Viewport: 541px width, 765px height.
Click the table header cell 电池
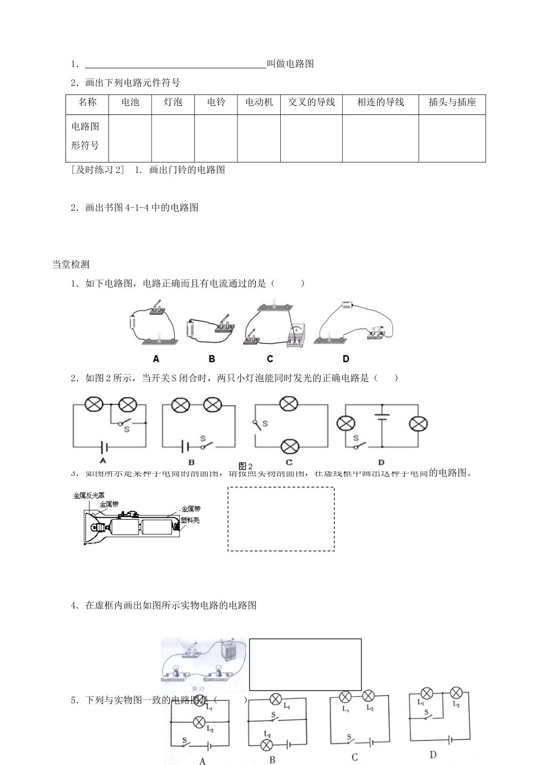click(130, 102)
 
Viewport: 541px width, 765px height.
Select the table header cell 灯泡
click(173, 102)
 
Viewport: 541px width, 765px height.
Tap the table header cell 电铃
click(216, 102)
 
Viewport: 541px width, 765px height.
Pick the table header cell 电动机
click(259, 102)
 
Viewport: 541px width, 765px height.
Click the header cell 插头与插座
click(452, 102)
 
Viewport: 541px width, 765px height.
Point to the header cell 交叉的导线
click(311, 102)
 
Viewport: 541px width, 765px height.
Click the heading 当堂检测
click(71, 264)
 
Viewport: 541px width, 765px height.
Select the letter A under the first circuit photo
click(156, 359)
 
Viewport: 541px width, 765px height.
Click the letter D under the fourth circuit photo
click(346, 359)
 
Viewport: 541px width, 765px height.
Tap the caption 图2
click(245, 466)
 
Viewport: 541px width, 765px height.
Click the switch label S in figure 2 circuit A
click(126, 429)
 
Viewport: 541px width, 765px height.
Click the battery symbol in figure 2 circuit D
click(382, 417)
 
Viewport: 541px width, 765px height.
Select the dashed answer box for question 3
click(281, 519)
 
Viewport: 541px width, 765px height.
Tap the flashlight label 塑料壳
click(190, 520)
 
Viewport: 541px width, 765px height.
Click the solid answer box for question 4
click(305, 664)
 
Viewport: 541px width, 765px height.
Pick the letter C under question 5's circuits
click(354, 757)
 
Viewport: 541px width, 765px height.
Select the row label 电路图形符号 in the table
click(85, 136)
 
